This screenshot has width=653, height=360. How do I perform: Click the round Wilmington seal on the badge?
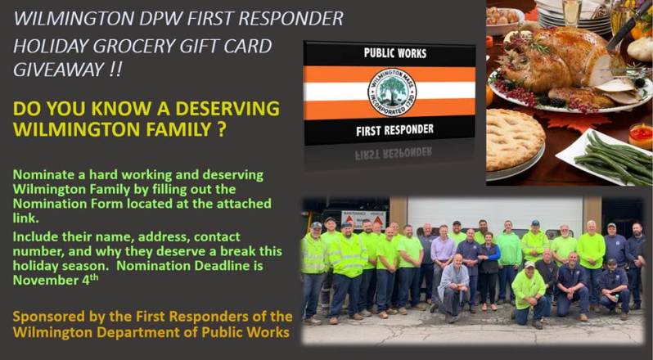click(390, 91)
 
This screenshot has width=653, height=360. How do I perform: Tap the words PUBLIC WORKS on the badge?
click(390, 53)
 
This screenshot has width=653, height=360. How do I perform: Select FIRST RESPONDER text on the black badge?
click(390, 129)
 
